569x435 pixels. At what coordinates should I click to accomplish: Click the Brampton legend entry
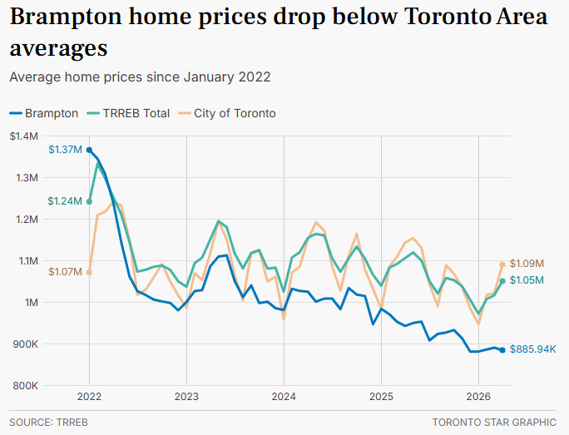pyautogui.click(x=44, y=114)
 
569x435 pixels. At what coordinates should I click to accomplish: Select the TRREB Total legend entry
pyautogui.click(x=128, y=114)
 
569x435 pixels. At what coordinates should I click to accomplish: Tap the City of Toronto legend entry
pyautogui.click(x=227, y=114)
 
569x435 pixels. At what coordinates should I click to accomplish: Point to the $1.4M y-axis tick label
pyautogui.click(x=24, y=136)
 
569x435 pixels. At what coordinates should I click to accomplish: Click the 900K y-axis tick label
pyautogui.click(x=26, y=344)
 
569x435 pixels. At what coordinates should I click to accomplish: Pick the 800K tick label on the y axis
pyautogui.click(x=26, y=386)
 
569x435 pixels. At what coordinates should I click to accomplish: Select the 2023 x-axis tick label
pyautogui.click(x=186, y=397)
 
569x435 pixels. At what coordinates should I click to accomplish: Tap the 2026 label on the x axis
pyautogui.click(x=478, y=397)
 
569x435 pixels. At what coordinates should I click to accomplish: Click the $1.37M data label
pyautogui.click(x=66, y=150)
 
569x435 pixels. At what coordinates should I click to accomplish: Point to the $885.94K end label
pyautogui.click(x=532, y=349)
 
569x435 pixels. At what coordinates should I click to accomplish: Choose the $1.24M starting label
pyautogui.click(x=65, y=201)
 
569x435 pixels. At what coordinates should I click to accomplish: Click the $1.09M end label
pyautogui.click(x=527, y=264)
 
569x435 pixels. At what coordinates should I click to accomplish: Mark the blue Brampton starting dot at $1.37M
pyautogui.click(x=89, y=150)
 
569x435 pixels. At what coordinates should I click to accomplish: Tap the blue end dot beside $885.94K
pyautogui.click(x=502, y=350)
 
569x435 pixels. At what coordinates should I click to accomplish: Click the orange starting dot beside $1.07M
pyautogui.click(x=89, y=272)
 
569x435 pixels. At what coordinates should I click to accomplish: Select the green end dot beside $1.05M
pyautogui.click(x=502, y=281)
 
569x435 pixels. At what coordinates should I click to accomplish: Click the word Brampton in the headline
pyautogui.click(x=66, y=17)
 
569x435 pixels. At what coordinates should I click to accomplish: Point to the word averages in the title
pyautogui.click(x=59, y=48)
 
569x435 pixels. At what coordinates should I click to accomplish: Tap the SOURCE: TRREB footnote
pyautogui.click(x=48, y=423)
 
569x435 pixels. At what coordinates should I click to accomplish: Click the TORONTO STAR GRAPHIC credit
pyautogui.click(x=494, y=423)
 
